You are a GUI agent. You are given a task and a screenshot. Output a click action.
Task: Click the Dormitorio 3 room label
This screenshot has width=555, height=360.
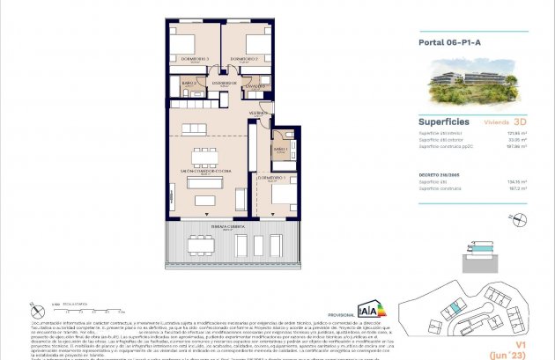tap(195, 59)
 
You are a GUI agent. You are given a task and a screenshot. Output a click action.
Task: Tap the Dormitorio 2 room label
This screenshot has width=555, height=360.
tap(242, 59)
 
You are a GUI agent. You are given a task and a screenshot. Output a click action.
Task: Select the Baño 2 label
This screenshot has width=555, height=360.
tap(189, 82)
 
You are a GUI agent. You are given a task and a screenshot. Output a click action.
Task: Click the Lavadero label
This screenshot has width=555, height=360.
tap(255, 86)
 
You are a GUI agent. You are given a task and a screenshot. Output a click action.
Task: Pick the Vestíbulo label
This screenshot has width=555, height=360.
tap(259, 114)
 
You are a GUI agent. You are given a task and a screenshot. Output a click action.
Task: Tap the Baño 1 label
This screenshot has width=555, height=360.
tap(281, 151)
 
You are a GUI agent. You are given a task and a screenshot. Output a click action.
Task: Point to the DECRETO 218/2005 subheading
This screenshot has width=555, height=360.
tap(440, 175)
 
